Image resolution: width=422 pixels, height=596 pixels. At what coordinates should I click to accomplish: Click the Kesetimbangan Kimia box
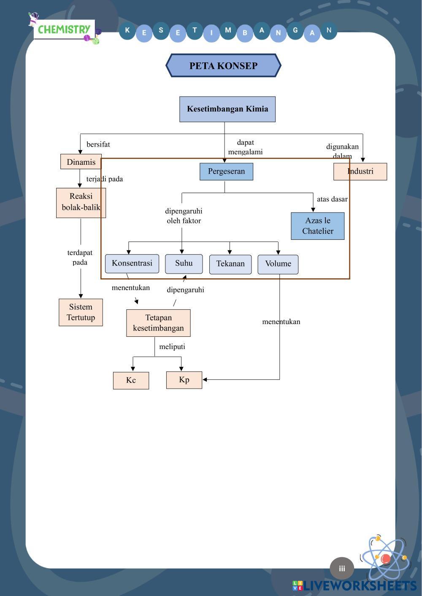point(227,109)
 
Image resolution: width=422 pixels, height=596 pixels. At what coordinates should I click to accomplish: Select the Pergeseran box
point(226,172)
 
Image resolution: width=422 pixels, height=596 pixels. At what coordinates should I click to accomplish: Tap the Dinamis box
point(81,162)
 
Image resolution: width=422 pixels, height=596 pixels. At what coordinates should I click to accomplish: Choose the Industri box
point(360,172)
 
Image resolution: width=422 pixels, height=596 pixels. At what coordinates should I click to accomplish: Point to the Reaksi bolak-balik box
point(81,202)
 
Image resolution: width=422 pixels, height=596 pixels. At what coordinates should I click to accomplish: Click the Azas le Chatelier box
point(317,226)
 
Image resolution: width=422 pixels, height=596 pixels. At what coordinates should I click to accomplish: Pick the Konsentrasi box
point(132,263)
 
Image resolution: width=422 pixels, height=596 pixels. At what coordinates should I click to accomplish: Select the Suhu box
point(184,263)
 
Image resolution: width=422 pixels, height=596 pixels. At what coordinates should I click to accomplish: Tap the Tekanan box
point(230,264)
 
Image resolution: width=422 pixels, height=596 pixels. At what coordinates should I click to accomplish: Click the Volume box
point(278,264)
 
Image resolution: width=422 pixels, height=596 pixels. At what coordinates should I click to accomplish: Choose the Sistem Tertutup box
point(81,312)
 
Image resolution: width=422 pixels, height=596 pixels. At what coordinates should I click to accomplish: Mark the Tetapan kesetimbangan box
point(158,323)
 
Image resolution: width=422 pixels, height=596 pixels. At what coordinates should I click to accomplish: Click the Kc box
point(131,380)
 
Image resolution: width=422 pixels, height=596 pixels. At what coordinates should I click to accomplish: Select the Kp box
point(184,380)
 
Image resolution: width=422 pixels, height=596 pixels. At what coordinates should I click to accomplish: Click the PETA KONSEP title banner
point(223,66)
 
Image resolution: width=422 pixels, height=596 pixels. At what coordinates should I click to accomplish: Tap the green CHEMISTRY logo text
point(64,30)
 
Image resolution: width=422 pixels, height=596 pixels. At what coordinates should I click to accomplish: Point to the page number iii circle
point(342,568)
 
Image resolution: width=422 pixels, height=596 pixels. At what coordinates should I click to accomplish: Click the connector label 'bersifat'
point(98,145)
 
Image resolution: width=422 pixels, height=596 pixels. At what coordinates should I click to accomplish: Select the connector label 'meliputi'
point(172,347)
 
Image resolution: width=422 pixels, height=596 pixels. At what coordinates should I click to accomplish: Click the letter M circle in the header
point(228,30)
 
